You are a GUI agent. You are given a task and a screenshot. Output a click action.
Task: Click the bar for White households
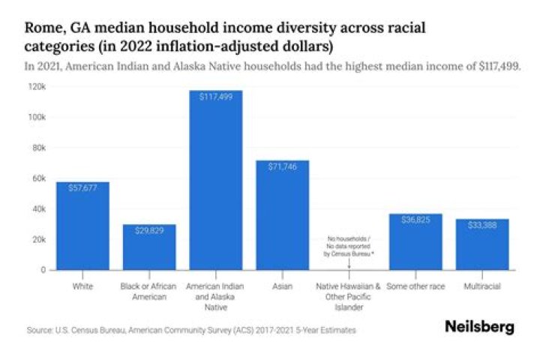pyautogui.click(x=82, y=226)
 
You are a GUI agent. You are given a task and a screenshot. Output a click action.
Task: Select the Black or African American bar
pyautogui.click(x=149, y=247)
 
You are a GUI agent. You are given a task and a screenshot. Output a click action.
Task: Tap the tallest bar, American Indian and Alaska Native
pyautogui.click(x=216, y=180)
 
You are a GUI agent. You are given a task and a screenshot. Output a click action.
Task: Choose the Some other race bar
pyautogui.click(x=415, y=241)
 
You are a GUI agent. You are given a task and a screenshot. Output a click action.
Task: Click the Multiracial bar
pyautogui.click(x=482, y=244)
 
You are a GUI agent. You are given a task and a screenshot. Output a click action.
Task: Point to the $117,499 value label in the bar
pyautogui.click(x=216, y=97)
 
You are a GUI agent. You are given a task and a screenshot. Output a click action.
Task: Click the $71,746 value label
pyautogui.click(x=282, y=166)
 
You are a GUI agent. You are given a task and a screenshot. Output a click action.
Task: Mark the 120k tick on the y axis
pyautogui.click(x=38, y=87)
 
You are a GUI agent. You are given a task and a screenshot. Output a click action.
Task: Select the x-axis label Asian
pyautogui.click(x=282, y=286)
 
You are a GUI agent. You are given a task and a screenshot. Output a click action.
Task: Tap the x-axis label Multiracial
pyautogui.click(x=482, y=286)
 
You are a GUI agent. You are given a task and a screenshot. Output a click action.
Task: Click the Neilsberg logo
pyautogui.click(x=479, y=327)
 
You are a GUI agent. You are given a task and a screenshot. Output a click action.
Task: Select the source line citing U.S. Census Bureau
pyautogui.click(x=190, y=330)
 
